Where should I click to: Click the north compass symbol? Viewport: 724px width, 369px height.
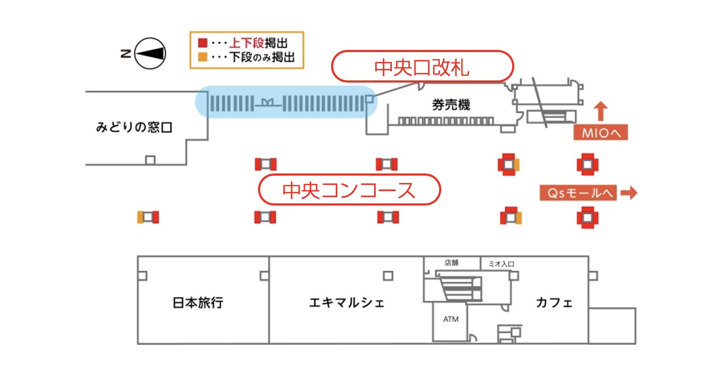coord(150,53)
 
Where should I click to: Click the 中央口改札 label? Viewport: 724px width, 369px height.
coord(421,67)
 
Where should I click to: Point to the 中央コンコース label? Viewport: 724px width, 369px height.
coord(349,190)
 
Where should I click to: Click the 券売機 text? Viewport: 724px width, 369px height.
coord(451,105)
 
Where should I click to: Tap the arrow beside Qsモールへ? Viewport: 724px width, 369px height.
coord(628,193)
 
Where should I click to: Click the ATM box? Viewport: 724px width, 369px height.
coord(450,319)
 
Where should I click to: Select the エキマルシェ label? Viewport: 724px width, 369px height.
coord(346,303)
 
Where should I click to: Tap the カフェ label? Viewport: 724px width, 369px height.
coord(554,303)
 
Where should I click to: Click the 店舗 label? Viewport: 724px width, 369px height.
coord(451,262)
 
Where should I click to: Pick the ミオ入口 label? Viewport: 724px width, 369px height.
coord(501,263)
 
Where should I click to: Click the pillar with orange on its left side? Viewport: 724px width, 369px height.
coord(148,217)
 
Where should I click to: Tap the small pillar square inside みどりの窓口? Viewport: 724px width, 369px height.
coord(150,160)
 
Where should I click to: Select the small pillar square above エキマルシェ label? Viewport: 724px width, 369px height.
coord(388,275)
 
